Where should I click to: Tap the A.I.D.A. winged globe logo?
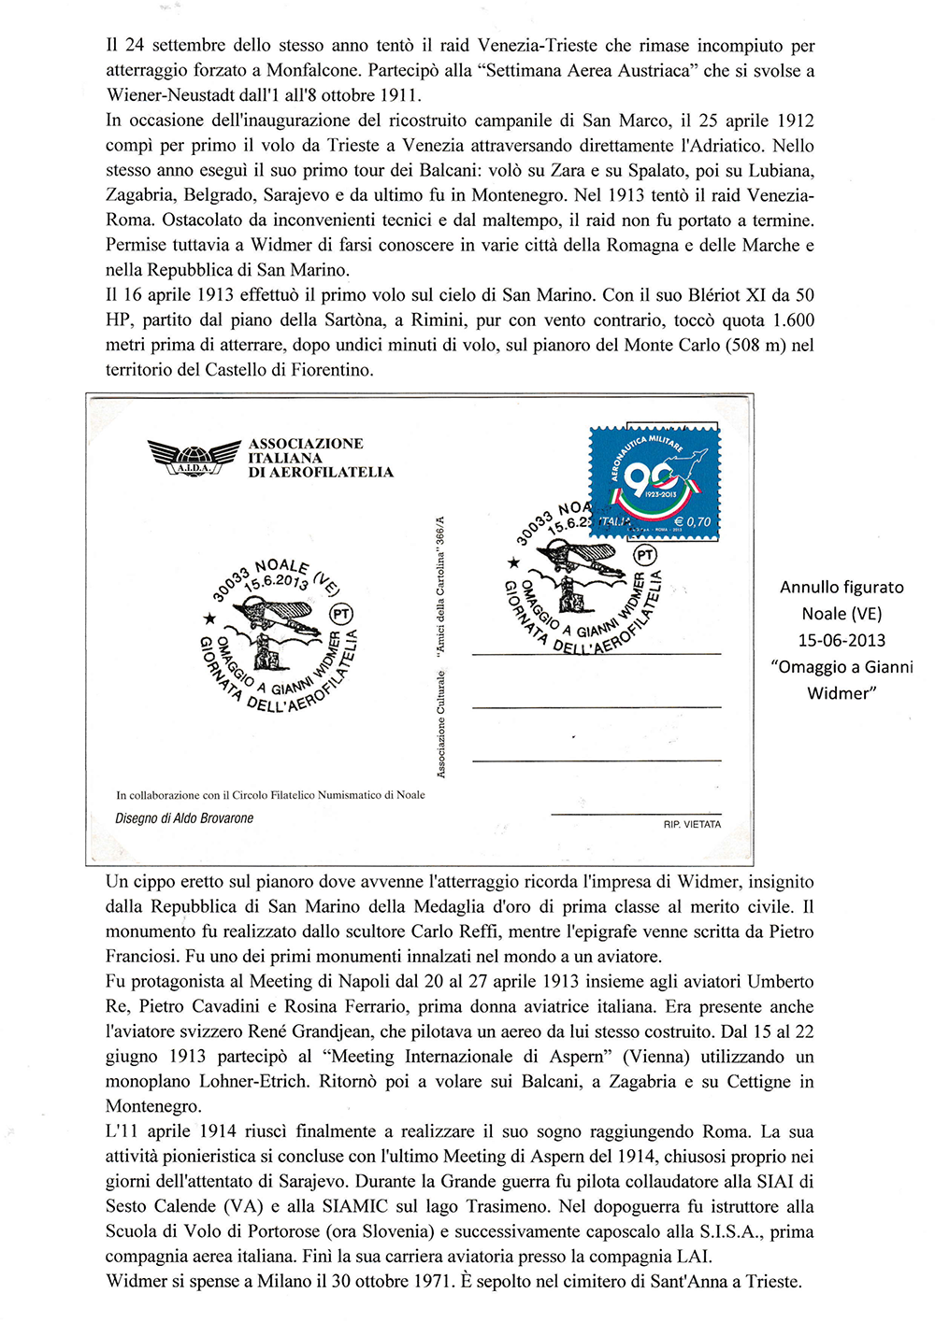pos(194,458)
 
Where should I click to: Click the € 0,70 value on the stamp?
pos(692,521)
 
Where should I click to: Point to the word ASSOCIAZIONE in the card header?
pos(306,444)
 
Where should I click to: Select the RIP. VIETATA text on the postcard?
pos(692,824)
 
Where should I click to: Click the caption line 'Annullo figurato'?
pos(841,588)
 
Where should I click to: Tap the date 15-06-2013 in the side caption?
pos(841,641)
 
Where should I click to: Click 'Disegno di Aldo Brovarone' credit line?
pos(184,818)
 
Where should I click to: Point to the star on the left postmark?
pos(210,618)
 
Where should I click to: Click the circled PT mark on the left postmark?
pos(341,614)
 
